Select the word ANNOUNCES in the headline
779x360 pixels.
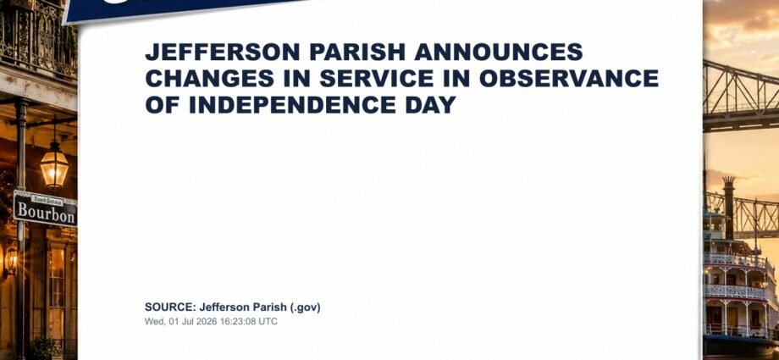(499, 53)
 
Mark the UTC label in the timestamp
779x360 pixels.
(268, 321)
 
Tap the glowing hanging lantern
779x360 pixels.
(54, 167)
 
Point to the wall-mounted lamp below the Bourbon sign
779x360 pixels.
(11, 259)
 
